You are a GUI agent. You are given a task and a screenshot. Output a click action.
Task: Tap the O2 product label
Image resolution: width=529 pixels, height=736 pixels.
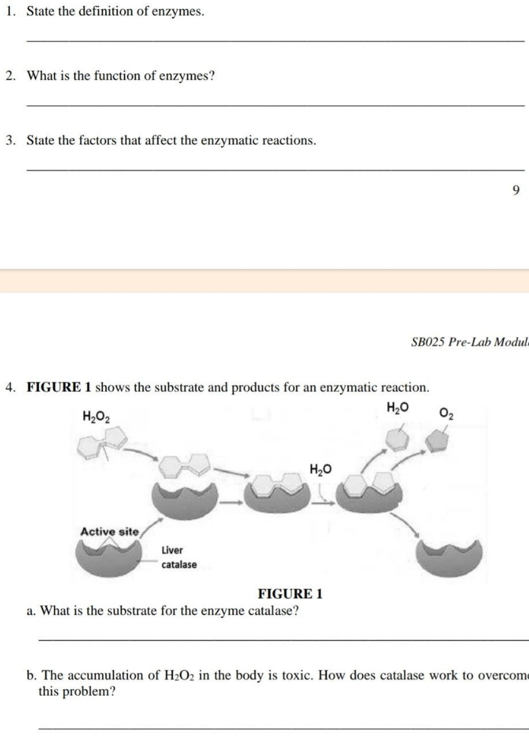447,414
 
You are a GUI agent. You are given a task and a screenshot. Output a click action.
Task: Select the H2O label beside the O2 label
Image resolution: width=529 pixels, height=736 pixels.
398,408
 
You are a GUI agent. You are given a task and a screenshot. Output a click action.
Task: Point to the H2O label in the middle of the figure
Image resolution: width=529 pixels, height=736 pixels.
320,469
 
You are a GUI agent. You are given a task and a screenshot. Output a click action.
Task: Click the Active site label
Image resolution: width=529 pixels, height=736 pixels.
109,532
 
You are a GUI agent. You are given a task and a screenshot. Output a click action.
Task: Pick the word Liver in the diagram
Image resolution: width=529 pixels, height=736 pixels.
172,550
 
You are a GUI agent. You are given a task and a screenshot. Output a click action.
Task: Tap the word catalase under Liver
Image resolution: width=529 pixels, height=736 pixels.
179,565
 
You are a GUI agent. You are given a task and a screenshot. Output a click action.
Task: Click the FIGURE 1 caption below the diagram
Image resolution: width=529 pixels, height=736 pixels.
290,594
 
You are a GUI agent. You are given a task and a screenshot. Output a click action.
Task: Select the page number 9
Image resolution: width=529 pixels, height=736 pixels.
515,190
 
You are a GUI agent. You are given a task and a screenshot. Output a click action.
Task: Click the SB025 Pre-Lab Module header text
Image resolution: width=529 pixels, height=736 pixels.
469,342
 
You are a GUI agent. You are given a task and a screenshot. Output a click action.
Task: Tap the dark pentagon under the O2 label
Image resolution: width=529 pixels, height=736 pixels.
437,441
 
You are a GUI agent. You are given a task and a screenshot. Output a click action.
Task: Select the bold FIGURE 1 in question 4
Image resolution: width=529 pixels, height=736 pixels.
59,387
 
